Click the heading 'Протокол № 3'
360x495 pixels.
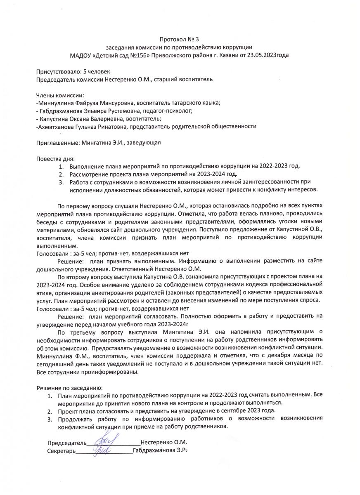coord(179,40)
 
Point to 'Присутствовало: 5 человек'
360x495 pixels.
coord(73,72)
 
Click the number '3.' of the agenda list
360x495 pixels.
coord(61,182)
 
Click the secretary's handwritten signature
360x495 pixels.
coord(101,450)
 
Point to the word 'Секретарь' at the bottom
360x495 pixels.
coord(61,451)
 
